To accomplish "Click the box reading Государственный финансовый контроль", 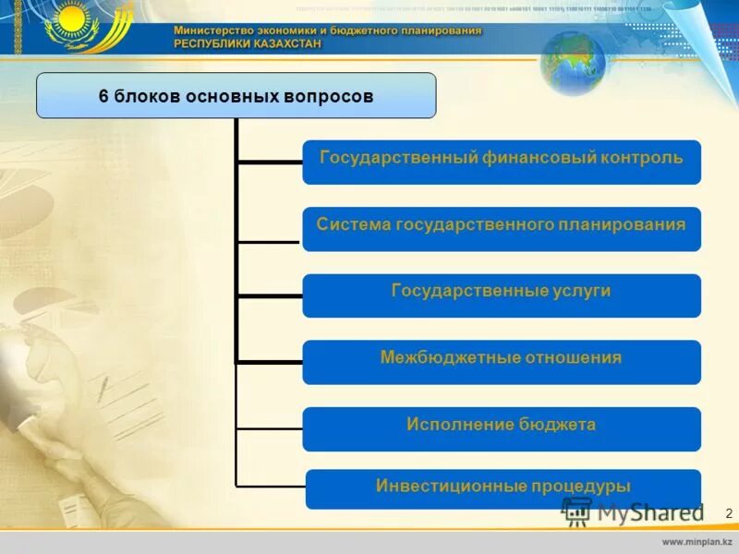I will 502,162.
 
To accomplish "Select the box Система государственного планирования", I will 502,228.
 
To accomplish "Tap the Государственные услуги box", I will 502,295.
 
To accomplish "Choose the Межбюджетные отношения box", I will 502,361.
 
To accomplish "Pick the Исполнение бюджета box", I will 502,428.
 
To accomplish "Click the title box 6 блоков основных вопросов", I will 236,96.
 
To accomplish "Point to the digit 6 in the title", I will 103,96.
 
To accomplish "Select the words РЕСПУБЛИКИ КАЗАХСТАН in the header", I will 249,42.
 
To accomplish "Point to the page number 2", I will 729,512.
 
